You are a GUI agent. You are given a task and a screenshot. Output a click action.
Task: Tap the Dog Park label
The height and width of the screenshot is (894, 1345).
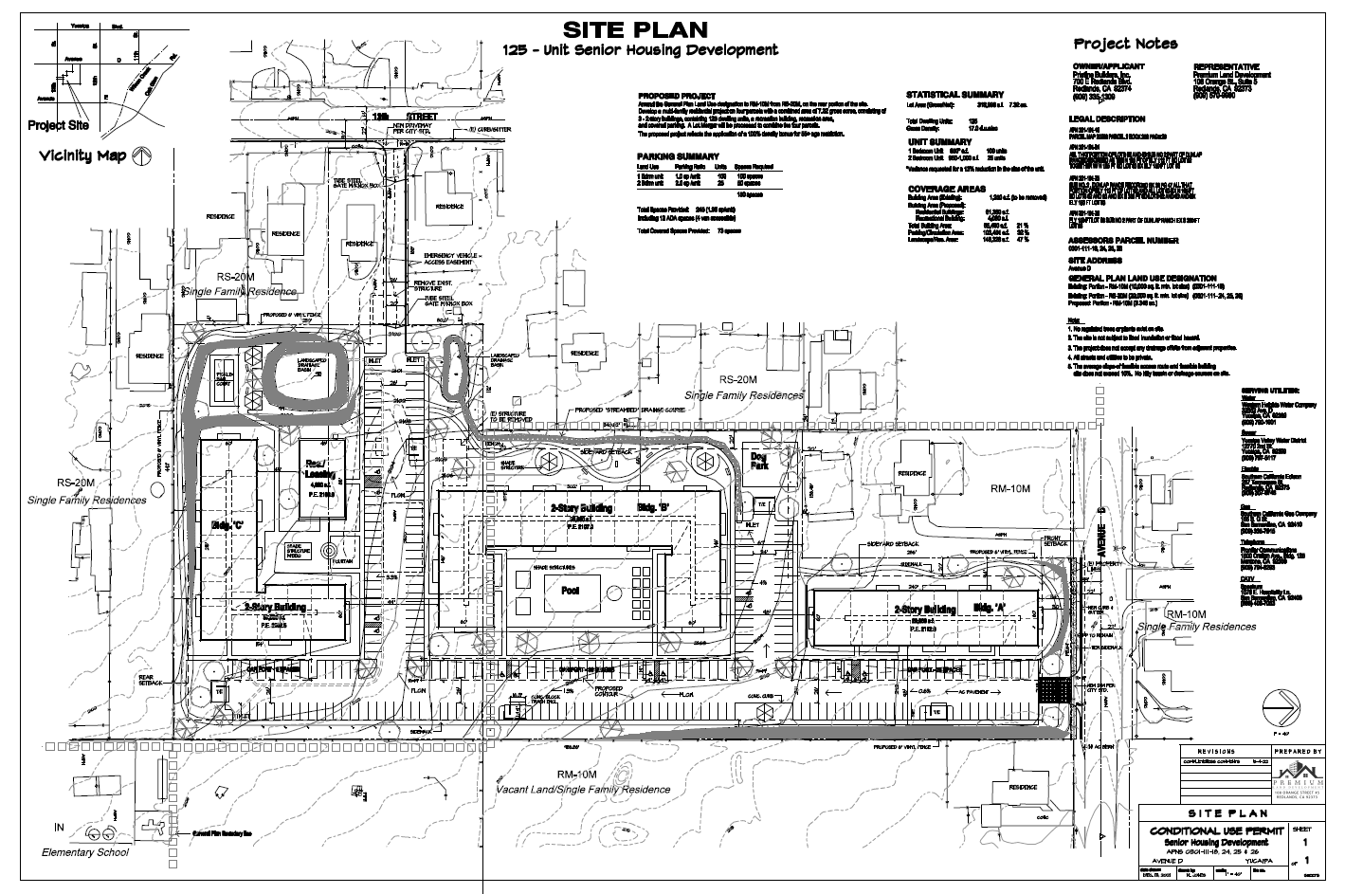pyautogui.click(x=757, y=462)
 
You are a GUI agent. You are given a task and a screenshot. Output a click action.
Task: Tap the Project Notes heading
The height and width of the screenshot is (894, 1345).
pyautogui.click(x=1125, y=44)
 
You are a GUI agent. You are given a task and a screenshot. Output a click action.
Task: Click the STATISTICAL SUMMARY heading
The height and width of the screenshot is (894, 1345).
pyautogui.click(x=954, y=95)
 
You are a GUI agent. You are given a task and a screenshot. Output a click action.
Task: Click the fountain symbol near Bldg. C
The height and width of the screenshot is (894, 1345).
pyautogui.click(x=331, y=550)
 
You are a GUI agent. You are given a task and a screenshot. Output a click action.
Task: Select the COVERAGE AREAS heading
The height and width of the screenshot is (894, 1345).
pyautogui.click(x=948, y=189)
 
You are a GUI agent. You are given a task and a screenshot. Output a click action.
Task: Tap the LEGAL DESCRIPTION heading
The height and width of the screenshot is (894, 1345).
pyautogui.click(x=1104, y=119)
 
